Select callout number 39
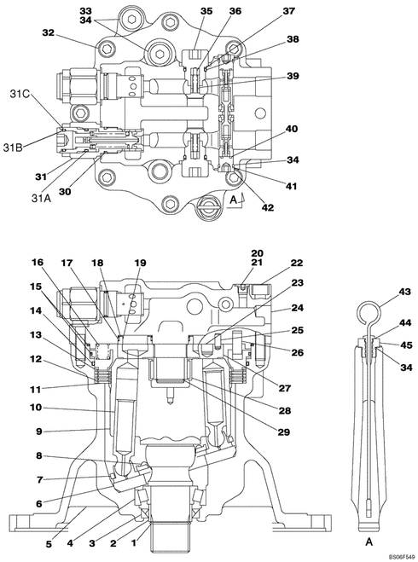(292, 76)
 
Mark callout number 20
(258, 253)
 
